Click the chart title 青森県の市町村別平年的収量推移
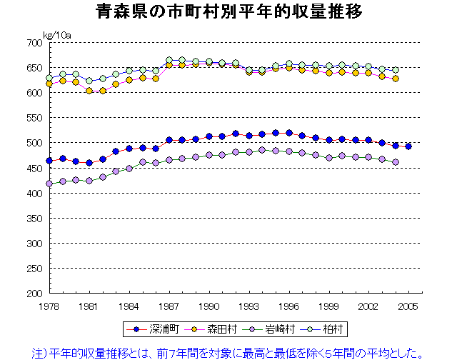[x=228, y=13]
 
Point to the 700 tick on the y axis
[x=34, y=43]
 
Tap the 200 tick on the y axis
[x=34, y=294]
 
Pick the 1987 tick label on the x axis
[x=169, y=306]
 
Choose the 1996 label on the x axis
[x=289, y=306]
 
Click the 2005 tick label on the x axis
[x=409, y=306]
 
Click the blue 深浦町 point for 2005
[x=408, y=146]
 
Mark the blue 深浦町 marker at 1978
[x=49, y=161]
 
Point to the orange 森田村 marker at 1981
[x=89, y=91]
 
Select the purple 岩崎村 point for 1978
[x=49, y=184]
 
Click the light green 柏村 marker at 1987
[x=169, y=61]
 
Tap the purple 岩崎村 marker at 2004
[x=396, y=162]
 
